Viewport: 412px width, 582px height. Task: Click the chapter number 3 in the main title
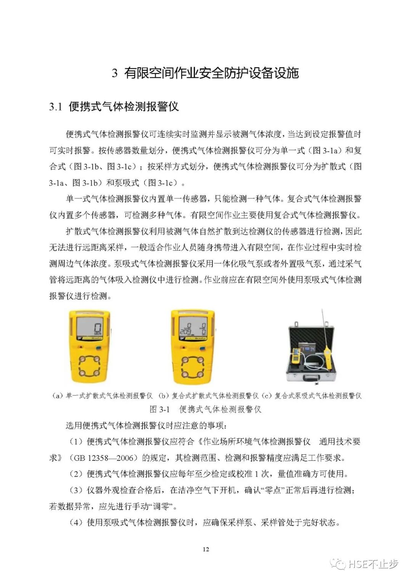(x=114, y=73)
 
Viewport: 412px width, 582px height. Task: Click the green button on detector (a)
(x=99, y=348)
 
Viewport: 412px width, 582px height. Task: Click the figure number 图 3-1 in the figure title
(x=159, y=409)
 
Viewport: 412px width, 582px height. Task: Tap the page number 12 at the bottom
(x=206, y=549)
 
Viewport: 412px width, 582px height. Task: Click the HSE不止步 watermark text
(x=373, y=564)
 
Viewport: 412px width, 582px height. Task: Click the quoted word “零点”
(x=272, y=490)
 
